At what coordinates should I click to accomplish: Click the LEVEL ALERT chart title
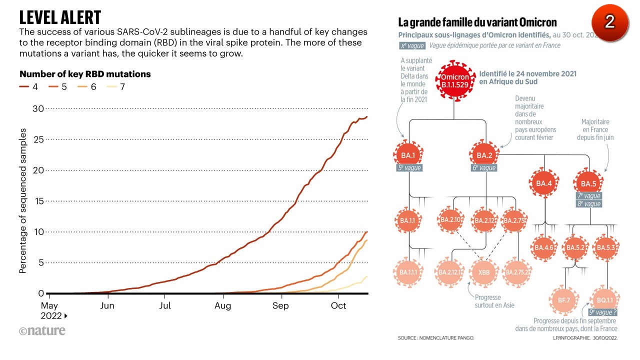[60, 17]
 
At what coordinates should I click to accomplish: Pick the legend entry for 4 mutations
[29, 87]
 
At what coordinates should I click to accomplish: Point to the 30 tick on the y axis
[38, 108]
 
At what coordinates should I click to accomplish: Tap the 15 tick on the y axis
[38, 201]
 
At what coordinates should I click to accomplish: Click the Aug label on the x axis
[222, 305]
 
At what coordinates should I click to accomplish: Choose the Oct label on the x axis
[338, 305]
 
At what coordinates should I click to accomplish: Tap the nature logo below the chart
[42, 331]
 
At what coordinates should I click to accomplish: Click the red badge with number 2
[609, 21]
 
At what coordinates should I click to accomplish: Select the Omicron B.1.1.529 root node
[454, 81]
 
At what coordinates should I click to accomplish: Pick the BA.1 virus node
[408, 155]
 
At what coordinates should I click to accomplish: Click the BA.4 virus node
[544, 183]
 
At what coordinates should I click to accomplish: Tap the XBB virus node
[484, 272]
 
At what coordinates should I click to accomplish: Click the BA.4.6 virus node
[544, 247]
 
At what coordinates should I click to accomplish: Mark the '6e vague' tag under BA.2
[484, 168]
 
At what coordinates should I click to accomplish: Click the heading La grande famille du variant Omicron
[477, 22]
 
